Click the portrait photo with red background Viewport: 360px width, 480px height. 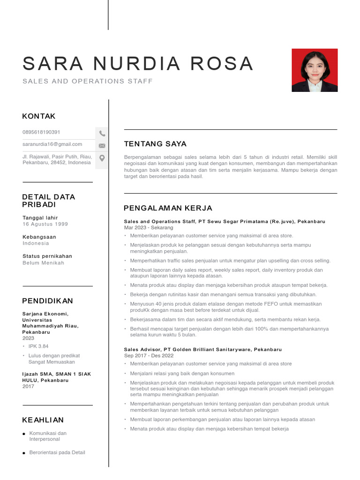pyautogui.click(x=315, y=70)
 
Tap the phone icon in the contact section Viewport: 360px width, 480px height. pyautogui.click(x=102, y=134)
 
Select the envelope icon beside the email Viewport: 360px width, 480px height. pyautogui.click(x=102, y=146)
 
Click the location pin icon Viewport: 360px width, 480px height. pyautogui.click(x=102, y=158)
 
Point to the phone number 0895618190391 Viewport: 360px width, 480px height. pyautogui.click(x=41, y=132)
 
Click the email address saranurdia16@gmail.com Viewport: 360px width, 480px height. pyautogui.click(x=52, y=144)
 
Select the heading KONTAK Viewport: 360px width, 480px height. pyautogui.click(x=39, y=116)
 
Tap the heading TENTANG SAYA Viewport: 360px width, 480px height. pyautogui.click(x=155, y=144)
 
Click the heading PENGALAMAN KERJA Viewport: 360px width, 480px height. pyautogui.click(x=168, y=208)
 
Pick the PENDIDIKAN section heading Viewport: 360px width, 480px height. pyautogui.click(x=48, y=301)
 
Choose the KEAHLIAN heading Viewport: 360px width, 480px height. pyautogui.click(x=43, y=420)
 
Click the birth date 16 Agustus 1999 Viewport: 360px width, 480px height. pyautogui.click(x=45, y=224)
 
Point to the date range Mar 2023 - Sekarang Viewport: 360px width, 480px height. pyautogui.click(x=149, y=227)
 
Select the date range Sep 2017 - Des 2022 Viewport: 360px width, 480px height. pyautogui.click(x=149, y=356)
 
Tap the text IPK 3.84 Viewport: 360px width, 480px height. pyautogui.click(x=38, y=346)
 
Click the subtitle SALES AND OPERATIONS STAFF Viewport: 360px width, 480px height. pyautogui.click(x=88, y=82)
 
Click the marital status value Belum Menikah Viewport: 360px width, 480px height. pyautogui.click(x=43, y=263)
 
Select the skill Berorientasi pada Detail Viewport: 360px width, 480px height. pyautogui.click(x=57, y=452)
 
